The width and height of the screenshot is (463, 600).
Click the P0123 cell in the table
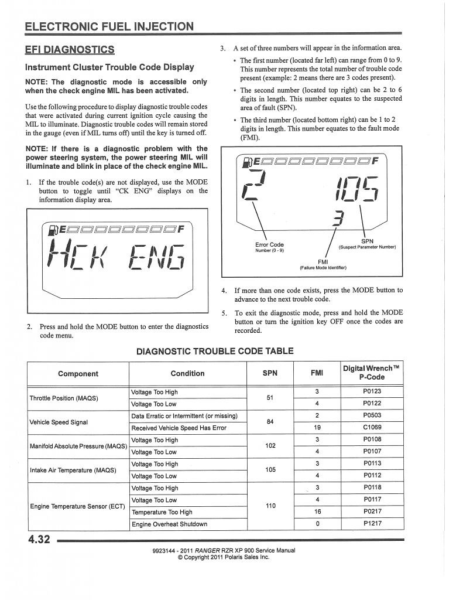tap(372, 392)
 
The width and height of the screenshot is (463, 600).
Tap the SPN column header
tap(270, 373)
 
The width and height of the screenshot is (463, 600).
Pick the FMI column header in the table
tap(316, 373)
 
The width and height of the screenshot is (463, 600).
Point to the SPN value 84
tap(270, 422)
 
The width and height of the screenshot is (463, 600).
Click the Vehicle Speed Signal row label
tap(59, 422)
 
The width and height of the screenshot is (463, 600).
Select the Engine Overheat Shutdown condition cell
tap(169, 524)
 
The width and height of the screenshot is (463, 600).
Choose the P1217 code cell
tap(372, 524)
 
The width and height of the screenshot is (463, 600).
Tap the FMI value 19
tap(316, 428)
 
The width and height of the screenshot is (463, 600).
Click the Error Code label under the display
tap(269, 245)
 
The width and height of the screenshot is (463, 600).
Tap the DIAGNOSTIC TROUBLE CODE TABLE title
tap(215, 351)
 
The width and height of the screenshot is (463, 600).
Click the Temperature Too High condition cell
tap(162, 512)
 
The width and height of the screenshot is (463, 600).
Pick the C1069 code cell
tap(372, 428)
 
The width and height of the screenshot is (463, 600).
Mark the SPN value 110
tap(270, 506)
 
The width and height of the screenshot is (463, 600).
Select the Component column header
tap(78, 373)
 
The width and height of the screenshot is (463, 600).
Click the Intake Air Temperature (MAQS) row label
tap(73, 470)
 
